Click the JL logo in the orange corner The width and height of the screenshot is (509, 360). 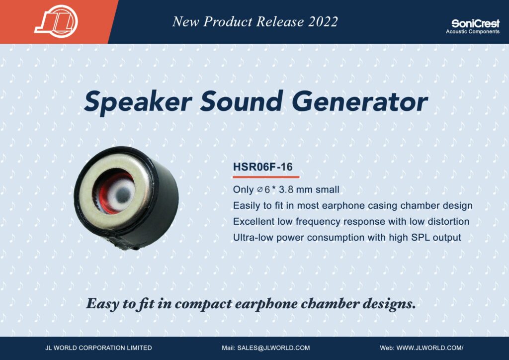(56, 21)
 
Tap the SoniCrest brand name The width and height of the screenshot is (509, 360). (475, 23)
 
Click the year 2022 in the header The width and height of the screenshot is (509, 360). (323, 22)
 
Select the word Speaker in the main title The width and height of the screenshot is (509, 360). (138, 101)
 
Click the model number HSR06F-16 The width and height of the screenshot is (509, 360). (262, 167)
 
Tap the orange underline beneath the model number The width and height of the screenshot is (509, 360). (266, 177)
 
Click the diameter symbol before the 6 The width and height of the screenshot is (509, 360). (259, 189)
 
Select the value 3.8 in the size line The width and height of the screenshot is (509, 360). (286, 189)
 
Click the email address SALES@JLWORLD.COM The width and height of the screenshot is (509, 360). (273, 348)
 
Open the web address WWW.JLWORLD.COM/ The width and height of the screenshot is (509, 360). (430, 348)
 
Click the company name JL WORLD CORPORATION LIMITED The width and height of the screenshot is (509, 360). (99, 348)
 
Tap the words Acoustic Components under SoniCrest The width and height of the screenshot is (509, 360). (473, 31)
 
